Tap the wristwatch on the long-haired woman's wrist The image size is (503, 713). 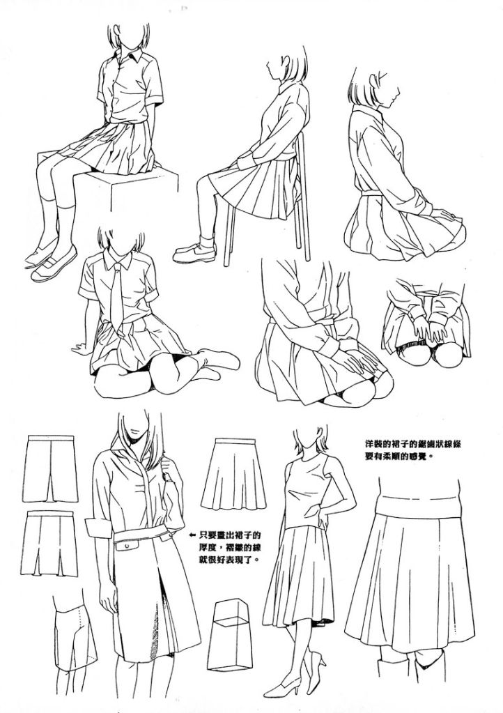pos(169,478)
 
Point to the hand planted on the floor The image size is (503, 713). pos(81,349)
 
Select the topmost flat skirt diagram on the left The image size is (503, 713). pos(50,468)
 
